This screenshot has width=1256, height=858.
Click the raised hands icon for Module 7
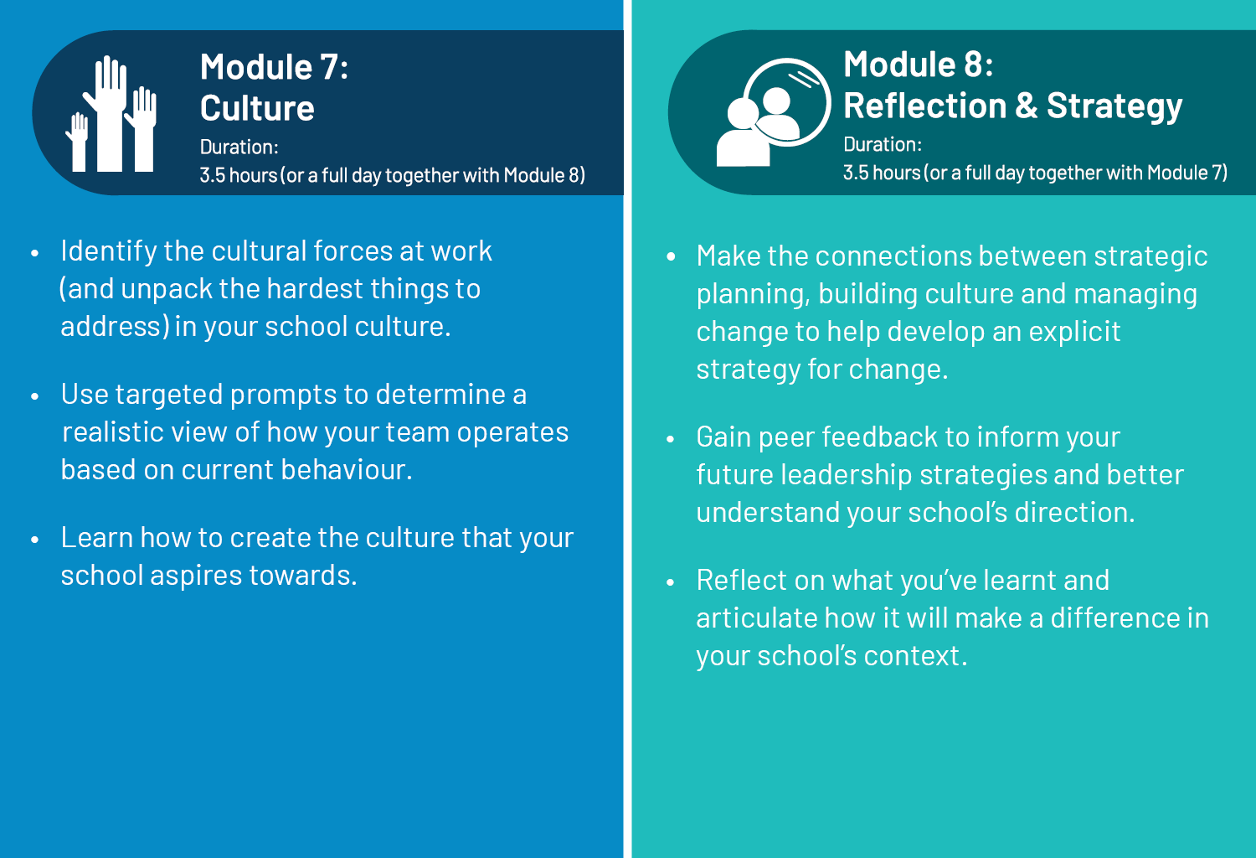(111, 113)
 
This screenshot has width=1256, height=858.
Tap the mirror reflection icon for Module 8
(774, 112)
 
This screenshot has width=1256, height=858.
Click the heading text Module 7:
(275, 67)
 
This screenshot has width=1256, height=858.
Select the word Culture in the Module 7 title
(257, 108)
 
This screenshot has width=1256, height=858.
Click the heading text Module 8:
(919, 64)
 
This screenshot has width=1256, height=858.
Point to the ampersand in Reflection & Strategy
(1027, 106)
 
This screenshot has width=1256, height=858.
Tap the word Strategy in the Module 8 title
(1114, 106)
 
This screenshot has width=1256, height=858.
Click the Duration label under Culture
(239, 147)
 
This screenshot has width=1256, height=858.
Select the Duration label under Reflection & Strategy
(883, 145)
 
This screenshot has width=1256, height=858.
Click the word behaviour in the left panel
(347, 470)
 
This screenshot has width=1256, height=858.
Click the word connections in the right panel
(893, 256)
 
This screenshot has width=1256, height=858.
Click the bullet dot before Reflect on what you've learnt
(671, 582)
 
